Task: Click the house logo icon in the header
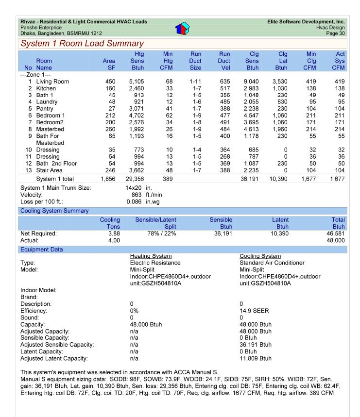pyautogui.click(x=182, y=28)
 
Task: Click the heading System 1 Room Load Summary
pyautogui.click(x=82, y=44)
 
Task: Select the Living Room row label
pyautogui.click(x=52, y=82)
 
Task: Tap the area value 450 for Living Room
pyautogui.click(x=110, y=82)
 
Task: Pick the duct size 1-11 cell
pyautogui.click(x=195, y=82)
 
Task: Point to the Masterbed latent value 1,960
pyautogui.click(x=280, y=130)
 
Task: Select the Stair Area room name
pyautogui.click(x=50, y=170)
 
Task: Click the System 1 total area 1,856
pyautogui.click(x=107, y=179)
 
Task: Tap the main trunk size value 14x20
pyautogui.click(x=134, y=188)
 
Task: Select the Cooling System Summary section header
pyautogui.click(x=54, y=211)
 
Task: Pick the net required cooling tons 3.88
pyautogui.click(x=114, y=234)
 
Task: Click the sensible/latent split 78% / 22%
pyautogui.click(x=155, y=234)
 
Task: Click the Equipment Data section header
pyautogui.click(x=41, y=250)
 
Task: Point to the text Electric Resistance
pyautogui.click(x=155, y=263)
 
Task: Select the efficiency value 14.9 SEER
pyautogui.click(x=254, y=311)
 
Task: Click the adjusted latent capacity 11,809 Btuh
pyautogui.click(x=256, y=358)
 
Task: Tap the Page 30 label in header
pyautogui.click(x=335, y=33)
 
